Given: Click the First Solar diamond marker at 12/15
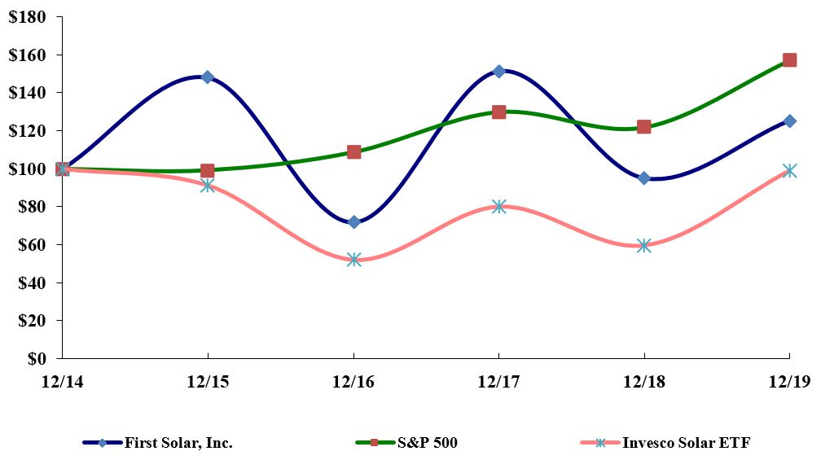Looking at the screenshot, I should (208, 77).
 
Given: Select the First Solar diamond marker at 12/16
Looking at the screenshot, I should (353, 222).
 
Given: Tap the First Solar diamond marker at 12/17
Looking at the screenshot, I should (498, 72).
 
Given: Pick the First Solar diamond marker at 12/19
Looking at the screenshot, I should (789, 121).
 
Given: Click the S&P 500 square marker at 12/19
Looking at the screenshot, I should (789, 59).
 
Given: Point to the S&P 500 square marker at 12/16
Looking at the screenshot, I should (353, 151).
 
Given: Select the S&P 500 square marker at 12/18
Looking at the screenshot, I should (643, 126).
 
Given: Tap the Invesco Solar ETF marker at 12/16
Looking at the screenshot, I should (353, 260).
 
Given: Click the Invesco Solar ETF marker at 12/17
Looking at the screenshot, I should (498, 207).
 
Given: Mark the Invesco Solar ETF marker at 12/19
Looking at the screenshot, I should (789, 171).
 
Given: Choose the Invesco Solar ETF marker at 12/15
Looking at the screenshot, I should (208, 186).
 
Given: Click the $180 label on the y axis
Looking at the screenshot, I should (27, 17).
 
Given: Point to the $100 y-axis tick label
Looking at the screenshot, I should (27, 169).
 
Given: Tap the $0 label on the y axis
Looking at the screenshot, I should (37, 358).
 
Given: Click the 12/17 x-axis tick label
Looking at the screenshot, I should (498, 380).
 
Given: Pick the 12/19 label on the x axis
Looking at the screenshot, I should (788, 380).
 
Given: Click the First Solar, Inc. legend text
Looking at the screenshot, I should (178, 443).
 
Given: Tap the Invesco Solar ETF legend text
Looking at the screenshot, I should (686, 443).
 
